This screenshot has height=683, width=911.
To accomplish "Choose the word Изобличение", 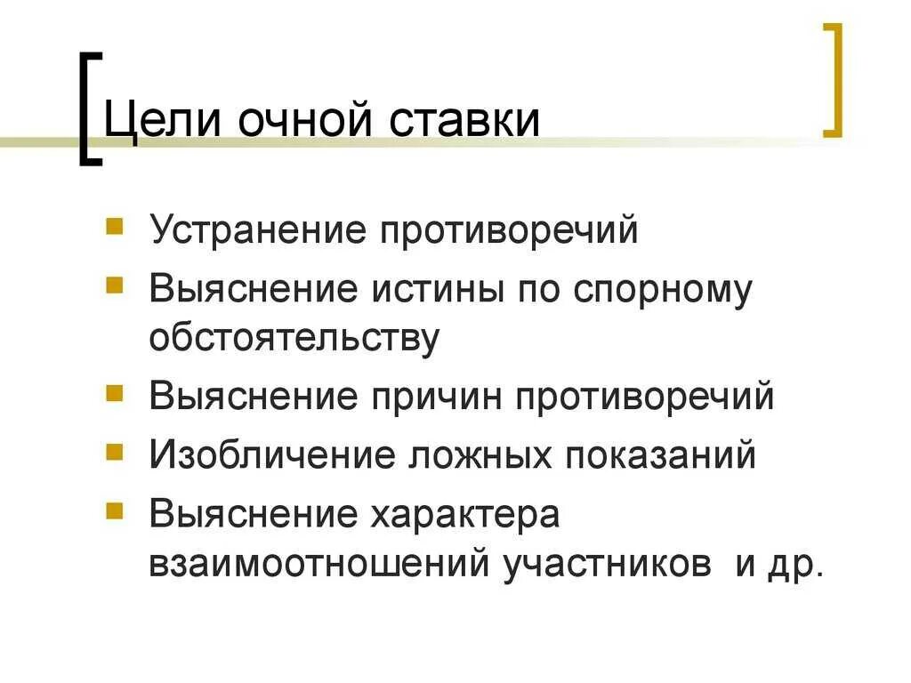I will (x=272, y=455).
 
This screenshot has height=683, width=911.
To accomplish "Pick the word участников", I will (x=608, y=565).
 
